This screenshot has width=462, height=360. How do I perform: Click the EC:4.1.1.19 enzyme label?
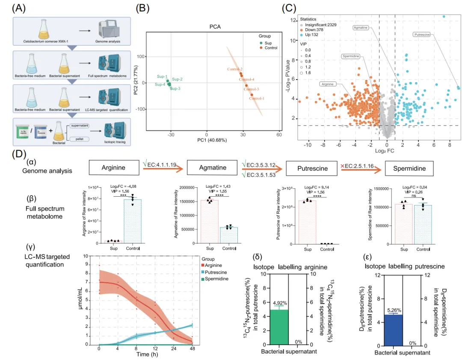(x=161, y=163)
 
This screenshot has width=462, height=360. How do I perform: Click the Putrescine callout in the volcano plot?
(x=423, y=34)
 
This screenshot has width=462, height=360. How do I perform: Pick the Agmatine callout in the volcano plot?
(x=362, y=27)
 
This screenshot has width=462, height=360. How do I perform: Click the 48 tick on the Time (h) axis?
(x=192, y=349)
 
